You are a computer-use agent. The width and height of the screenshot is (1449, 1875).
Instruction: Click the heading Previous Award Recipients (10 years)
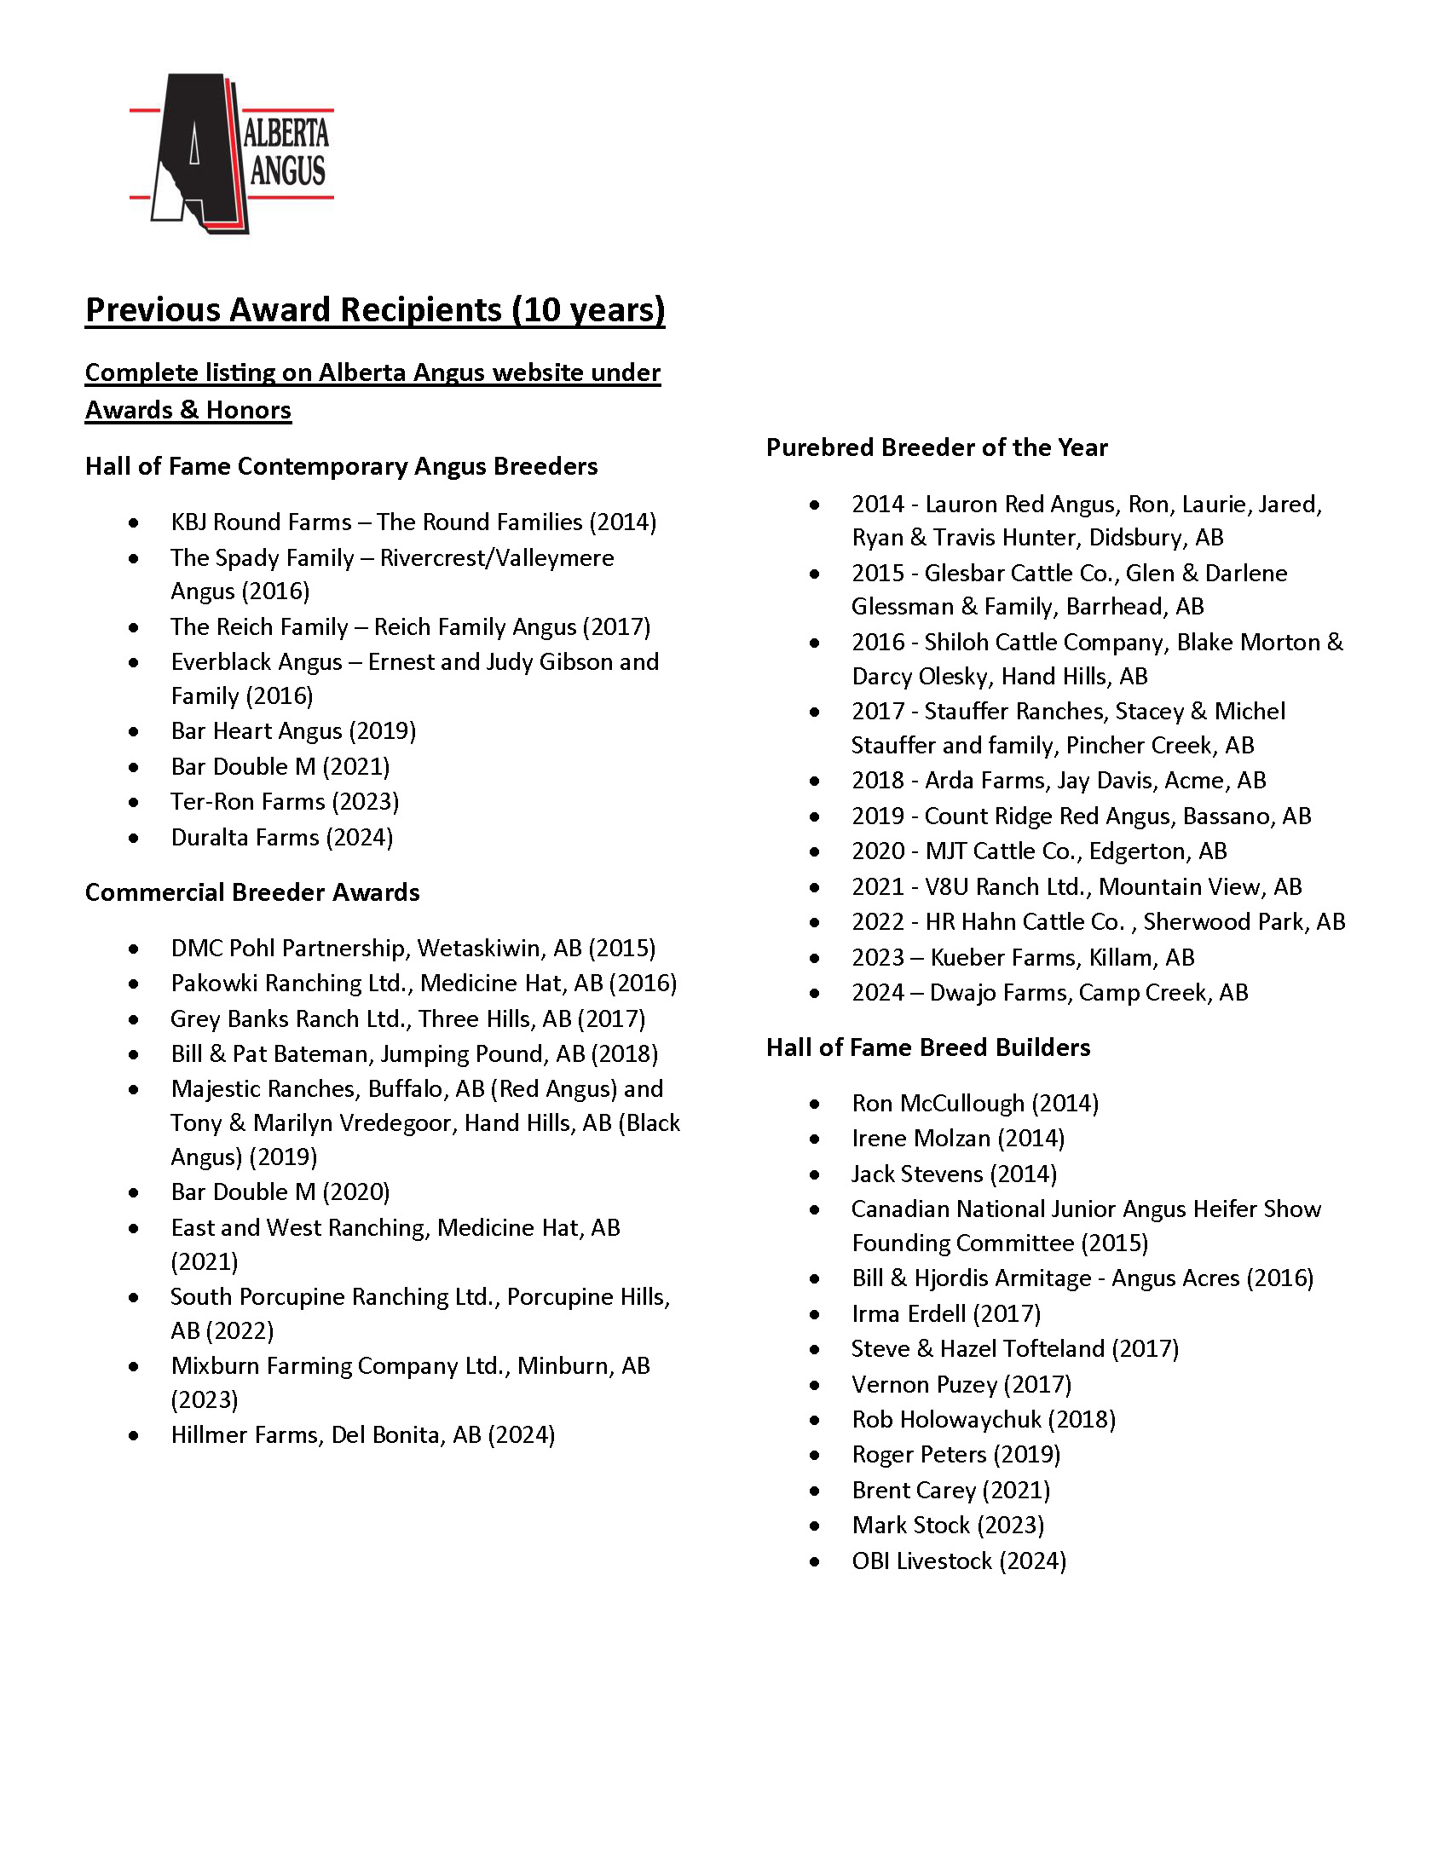(x=375, y=310)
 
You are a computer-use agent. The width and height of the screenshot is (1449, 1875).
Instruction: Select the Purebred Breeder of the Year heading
(x=937, y=447)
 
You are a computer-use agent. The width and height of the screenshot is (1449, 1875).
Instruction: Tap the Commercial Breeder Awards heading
(x=252, y=893)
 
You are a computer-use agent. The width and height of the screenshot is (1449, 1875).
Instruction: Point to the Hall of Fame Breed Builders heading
(x=928, y=1047)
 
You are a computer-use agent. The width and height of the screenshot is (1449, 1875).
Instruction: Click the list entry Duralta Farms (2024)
(x=281, y=837)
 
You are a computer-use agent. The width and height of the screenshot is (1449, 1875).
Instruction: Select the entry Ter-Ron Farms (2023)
(x=285, y=802)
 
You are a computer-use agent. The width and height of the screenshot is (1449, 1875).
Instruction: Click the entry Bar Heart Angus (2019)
(x=293, y=731)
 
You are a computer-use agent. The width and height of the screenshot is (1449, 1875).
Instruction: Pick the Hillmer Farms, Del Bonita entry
(x=363, y=1434)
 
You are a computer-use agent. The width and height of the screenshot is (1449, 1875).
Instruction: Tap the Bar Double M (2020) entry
(x=280, y=1191)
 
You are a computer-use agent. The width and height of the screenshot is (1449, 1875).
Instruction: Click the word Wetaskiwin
(x=481, y=948)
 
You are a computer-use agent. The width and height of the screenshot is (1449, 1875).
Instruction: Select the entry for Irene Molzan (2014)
(x=958, y=1139)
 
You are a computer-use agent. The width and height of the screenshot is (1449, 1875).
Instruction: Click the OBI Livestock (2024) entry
(x=959, y=1561)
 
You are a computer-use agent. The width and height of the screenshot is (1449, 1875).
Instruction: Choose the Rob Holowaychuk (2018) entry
(x=984, y=1420)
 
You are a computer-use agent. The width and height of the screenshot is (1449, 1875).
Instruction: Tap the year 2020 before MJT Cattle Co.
(x=878, y=851)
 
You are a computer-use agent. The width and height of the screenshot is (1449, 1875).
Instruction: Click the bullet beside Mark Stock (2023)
(x=815, y=1526)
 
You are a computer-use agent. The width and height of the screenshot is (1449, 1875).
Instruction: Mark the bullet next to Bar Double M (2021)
(x=133, y=767)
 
